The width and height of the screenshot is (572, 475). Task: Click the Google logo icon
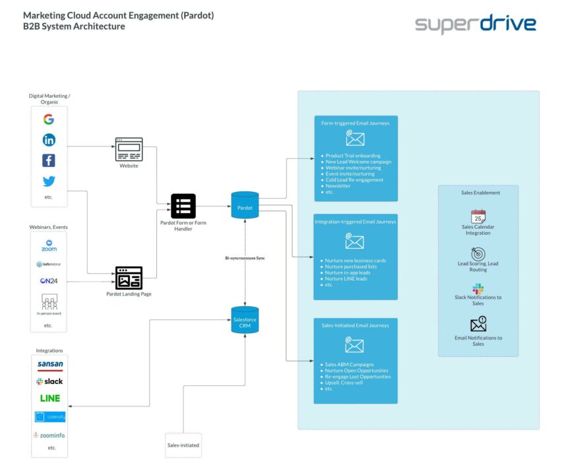(x=49, y=119)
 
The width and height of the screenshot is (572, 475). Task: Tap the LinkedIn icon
(x=49, y=140)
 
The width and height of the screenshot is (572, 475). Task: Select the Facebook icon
(x=49, y=160)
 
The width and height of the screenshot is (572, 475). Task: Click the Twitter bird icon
(x=49, y=181)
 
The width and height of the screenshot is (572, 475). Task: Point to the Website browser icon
(x=129, y=149)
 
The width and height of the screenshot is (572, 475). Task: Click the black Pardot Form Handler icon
(x=183, y=206)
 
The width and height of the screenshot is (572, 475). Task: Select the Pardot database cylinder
(x=245, y=205)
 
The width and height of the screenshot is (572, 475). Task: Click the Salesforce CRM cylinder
(x=245, y=320)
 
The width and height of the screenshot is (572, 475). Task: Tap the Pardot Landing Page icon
(x=129, y=278)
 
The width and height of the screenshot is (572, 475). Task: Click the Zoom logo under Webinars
(x=49, y=245)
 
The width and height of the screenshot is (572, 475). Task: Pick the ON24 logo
(x=49, y=280)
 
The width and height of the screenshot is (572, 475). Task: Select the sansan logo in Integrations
(x=50, y=365)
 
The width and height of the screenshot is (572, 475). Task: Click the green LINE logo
(x=50, y=398)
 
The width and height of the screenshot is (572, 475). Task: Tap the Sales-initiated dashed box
(x=183, y=445)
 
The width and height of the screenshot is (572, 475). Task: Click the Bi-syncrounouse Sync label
(x=245, y=258)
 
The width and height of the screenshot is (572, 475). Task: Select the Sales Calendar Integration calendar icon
(x=478, y=217)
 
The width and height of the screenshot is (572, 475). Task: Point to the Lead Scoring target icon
(x=478, y=254)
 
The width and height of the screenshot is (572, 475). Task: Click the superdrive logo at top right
(x=475, y=24)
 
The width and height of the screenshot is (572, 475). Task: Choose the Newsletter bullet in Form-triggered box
(x=338, y=186)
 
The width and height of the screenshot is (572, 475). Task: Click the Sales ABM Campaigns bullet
(x=349, y=364)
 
